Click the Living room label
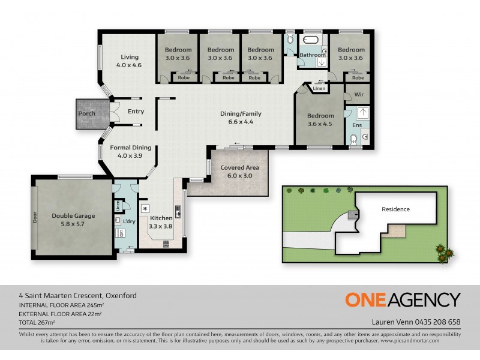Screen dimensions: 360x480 [128, 57]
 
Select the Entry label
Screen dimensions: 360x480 [136, 111]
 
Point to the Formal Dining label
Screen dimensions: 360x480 [130, 147]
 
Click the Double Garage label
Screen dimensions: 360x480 [73, 215]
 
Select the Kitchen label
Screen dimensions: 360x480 [161, 218]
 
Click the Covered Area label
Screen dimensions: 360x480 [239, 167]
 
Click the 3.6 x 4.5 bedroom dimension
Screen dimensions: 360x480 [320, 125]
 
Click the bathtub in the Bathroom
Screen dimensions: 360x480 [311, 41]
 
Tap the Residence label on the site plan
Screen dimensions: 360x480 [395, 209]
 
